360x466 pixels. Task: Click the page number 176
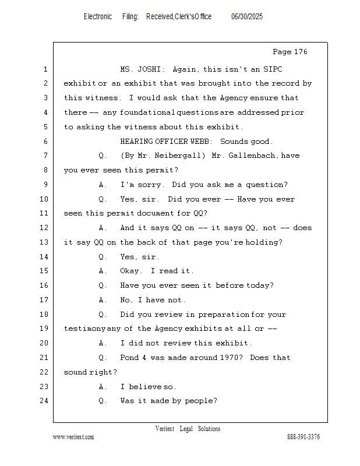(298, 52)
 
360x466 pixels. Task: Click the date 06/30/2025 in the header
(247, 17)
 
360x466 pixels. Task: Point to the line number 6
(45, 142)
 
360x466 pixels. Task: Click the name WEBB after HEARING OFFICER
(200, 142)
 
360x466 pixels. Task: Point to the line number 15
(45, 271)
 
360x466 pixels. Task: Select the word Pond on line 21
(129, 358)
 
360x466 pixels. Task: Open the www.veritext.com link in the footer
(73, 437)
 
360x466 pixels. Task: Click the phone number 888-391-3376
(303, 437)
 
